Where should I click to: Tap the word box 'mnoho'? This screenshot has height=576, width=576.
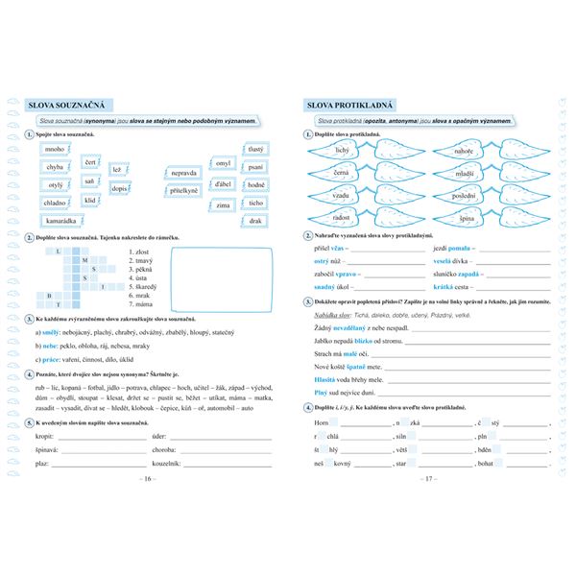click(x=55, y=150)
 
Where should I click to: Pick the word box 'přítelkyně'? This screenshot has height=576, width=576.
click(x=183, y=191)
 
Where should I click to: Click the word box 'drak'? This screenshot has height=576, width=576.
click(x=255, y=221)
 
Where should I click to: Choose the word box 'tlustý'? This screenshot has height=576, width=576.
click(x=255, y=150)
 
